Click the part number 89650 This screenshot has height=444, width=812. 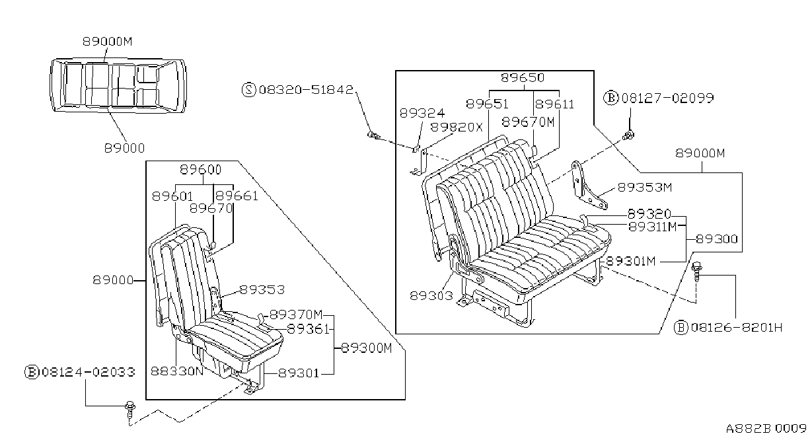tap(523, 77)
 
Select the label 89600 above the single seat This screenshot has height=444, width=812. tap(200, 170)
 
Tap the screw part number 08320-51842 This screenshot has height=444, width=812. tap(306, 89)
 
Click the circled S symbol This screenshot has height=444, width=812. tap(248, 89)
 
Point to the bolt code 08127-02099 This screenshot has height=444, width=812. tap(668, 98)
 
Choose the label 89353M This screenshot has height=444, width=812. tap(645, 188)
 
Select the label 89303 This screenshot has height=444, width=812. tap(431, 296)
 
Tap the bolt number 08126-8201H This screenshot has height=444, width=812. tap(737, 328)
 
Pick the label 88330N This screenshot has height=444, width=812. tap(177, 371)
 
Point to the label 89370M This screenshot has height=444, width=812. tap(296, 314)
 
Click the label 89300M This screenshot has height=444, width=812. tap(367, 348)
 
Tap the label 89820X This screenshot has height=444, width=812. tap(457, 128)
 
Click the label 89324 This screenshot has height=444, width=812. tap(422, 114)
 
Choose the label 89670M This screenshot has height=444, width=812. tap(528, 122)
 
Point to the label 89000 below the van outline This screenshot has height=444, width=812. tap(124, 148)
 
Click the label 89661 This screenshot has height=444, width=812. tap(237, 196)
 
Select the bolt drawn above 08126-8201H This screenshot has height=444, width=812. tap(696, 272)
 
